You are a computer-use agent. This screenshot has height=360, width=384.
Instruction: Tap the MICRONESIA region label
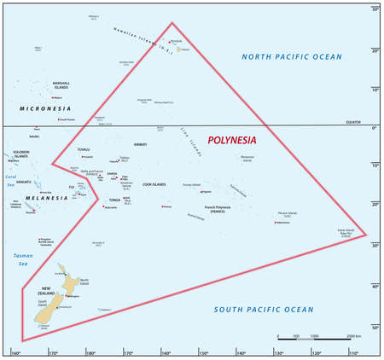(x=44, y=109)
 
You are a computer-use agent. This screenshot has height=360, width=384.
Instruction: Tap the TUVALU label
(x=83, y=149)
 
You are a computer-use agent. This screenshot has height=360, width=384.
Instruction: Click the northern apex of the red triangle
(x=172, y=23)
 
